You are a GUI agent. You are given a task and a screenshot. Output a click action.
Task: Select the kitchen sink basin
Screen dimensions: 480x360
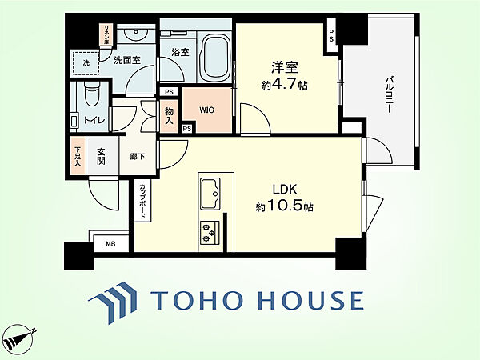point(210,193)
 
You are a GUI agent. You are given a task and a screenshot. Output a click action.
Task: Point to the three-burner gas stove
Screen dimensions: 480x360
point(210,232)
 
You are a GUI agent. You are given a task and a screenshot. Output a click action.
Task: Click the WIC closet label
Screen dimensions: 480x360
point(206,110)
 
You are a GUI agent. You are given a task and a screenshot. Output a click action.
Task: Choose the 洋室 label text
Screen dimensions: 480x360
point(285,68)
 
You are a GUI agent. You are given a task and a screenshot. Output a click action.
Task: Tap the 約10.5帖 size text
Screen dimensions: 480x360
point(284,206)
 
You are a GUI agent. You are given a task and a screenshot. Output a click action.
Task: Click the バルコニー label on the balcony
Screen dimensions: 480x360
point(389,95)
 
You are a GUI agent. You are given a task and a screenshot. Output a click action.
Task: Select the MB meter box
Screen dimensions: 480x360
point(111,244)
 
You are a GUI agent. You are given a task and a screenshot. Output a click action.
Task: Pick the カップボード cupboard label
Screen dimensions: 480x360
point(142,202)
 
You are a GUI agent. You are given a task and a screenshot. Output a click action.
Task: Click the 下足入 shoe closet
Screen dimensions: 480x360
point(78,157)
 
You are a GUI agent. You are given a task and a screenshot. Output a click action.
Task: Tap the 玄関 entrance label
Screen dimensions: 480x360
point(102,157)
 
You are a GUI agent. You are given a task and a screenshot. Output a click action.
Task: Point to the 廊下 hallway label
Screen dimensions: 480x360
point(138,157)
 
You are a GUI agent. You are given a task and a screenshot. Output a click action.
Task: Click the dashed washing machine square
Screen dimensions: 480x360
point(86,63)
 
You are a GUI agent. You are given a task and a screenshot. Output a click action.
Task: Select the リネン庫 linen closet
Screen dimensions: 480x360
point(107,34)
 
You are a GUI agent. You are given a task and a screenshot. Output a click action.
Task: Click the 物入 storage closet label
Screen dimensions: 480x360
point(169,115)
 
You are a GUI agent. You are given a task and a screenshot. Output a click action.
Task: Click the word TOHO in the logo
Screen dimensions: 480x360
point(197,300)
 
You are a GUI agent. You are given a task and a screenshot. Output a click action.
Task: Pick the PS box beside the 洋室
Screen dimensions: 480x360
point(331,35)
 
